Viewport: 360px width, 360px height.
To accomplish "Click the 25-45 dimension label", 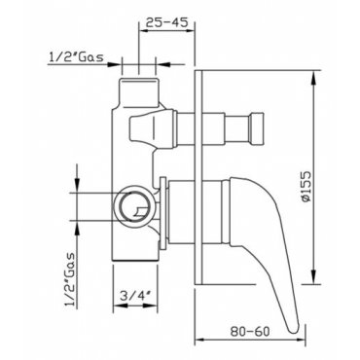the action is click(x=166, y=22).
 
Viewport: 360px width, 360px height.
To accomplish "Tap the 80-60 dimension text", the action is click(x=250, y=332).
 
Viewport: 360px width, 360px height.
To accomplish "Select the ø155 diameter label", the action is click(x=306, y=187).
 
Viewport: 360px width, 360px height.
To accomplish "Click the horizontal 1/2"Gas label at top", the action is click(x=77, y=57).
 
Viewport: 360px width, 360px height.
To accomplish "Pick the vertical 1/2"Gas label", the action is click(x=70, y=280).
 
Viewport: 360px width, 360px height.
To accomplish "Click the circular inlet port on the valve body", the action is click(x=133, y=204).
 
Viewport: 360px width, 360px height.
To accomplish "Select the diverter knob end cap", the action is click(x=257, y=127).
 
